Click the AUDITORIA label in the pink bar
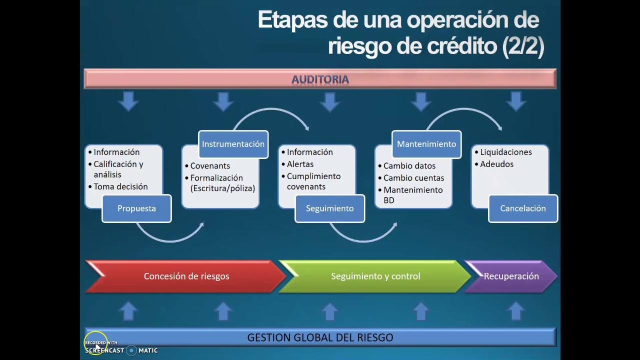point(320,79)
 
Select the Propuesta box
point(136,208)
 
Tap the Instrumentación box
point(233,144)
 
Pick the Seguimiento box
point(329,208)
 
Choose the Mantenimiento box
point(426,144)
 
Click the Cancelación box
point(523,208)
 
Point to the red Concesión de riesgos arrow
point(185,276)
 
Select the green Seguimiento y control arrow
point(375,276)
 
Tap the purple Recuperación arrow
point(511,276)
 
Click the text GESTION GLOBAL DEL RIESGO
point(320,337)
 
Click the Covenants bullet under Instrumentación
point(207,165)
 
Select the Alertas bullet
point(297,164)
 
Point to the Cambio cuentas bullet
point(411,177)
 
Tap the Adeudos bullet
point(494,164)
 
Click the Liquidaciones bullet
point(503,152)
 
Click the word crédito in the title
point(462,45)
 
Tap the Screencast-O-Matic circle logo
point(131,350)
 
